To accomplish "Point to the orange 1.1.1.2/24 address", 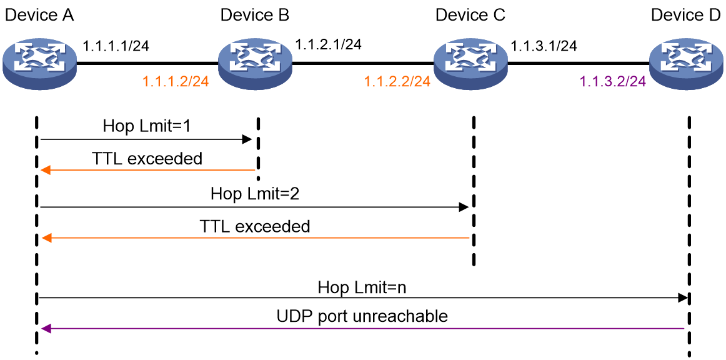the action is tap(176, 82).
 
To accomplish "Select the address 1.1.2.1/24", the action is tap(328, 44).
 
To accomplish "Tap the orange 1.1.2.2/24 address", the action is tap(397, 82).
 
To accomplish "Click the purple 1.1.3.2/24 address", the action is tap(612, 82).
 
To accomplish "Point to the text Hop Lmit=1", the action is tap(146, 126).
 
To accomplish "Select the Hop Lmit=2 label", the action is tap(255, 193).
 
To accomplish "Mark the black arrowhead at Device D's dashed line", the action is tap(682, 298).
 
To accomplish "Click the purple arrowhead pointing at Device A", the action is tap(46, 329).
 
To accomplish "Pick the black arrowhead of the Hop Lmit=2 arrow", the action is tap(464, 207).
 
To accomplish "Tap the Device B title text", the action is tap(255, 15).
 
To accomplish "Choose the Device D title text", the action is tap(687, 15).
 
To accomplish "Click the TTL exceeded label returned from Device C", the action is tap(255, 227).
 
